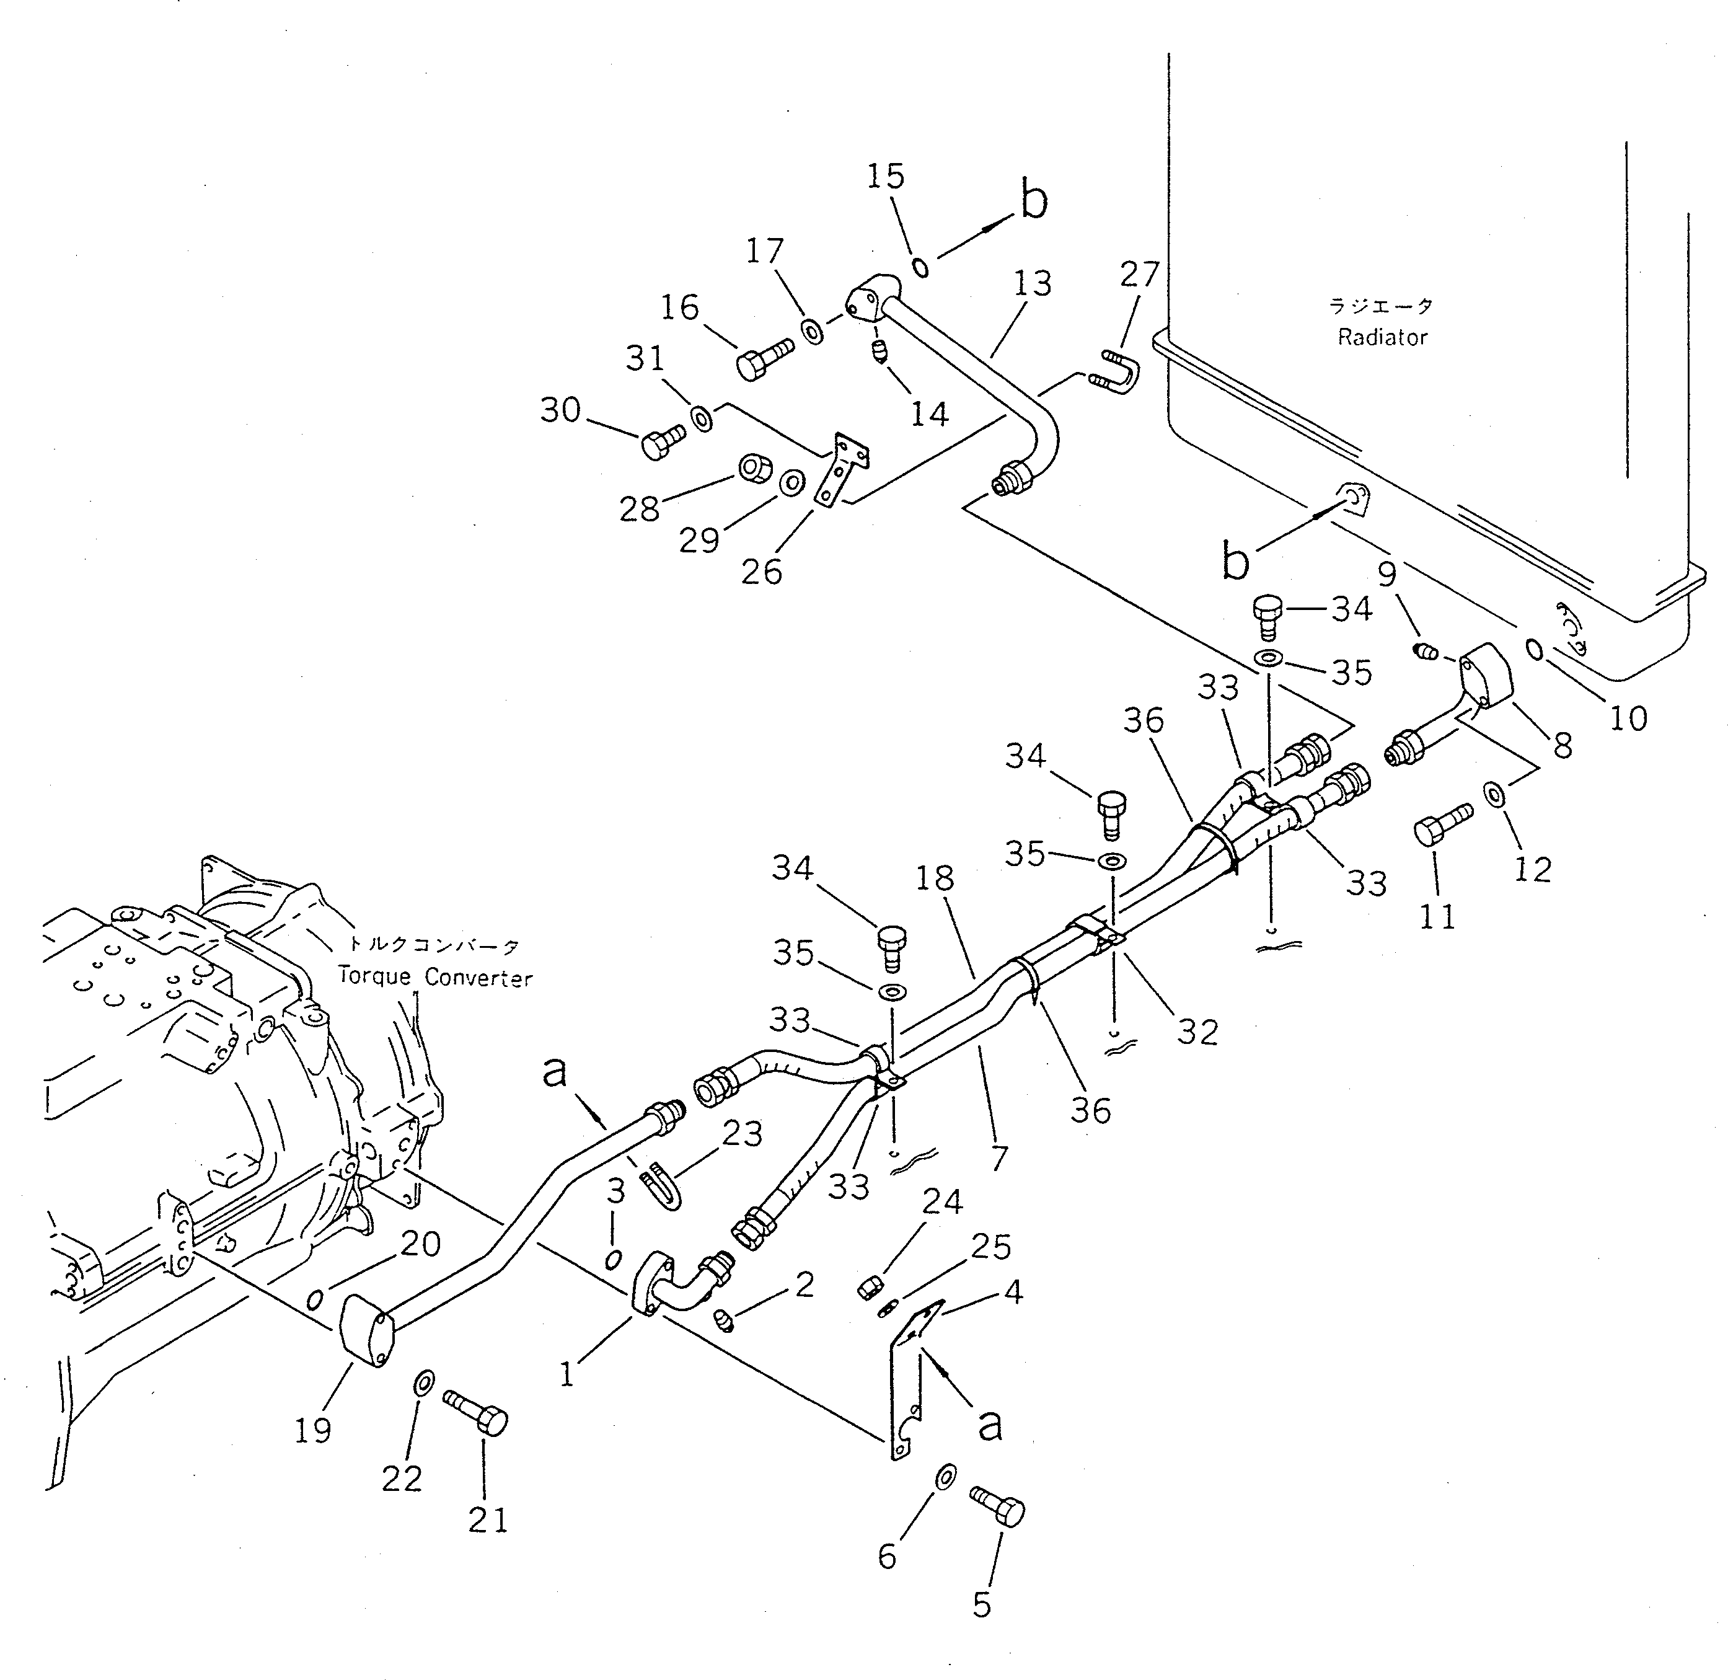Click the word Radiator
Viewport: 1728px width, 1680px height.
click(1382, 337)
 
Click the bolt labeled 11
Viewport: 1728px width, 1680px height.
click(1440, 827)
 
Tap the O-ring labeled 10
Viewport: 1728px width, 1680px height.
click(1535, 650)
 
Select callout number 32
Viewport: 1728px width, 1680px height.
click(1197, 1032)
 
